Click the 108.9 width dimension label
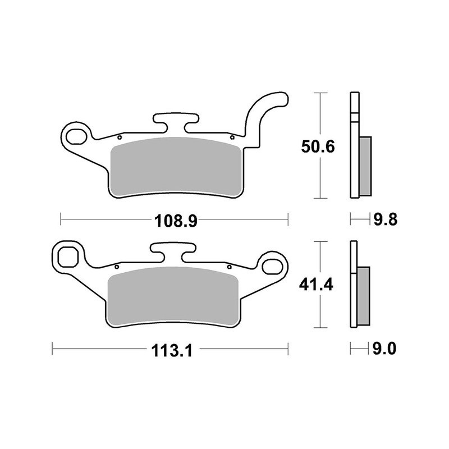[x=174, y=221]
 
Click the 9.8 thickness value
[x=386, y=219]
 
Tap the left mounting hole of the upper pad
[x=75, y=135]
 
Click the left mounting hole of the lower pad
[x=68, y=256]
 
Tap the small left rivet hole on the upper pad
[x=120, y=136]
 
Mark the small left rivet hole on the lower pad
[x=116, y=266]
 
